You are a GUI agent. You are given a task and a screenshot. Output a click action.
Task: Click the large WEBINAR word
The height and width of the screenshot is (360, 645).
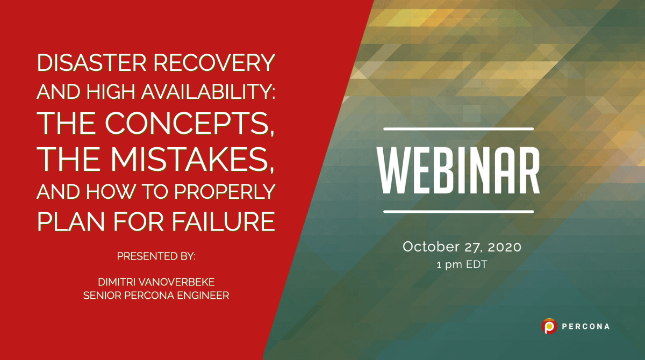458,170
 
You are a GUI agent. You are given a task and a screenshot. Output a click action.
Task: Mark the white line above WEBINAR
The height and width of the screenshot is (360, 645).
458,129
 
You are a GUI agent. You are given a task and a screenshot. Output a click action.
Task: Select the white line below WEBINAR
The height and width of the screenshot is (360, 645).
458,211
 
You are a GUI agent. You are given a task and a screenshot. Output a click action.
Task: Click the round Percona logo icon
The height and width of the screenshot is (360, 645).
549,326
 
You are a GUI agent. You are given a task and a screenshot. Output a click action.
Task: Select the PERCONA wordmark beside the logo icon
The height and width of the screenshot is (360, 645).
585,326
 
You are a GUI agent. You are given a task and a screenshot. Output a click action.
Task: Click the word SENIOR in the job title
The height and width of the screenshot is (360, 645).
103,295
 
